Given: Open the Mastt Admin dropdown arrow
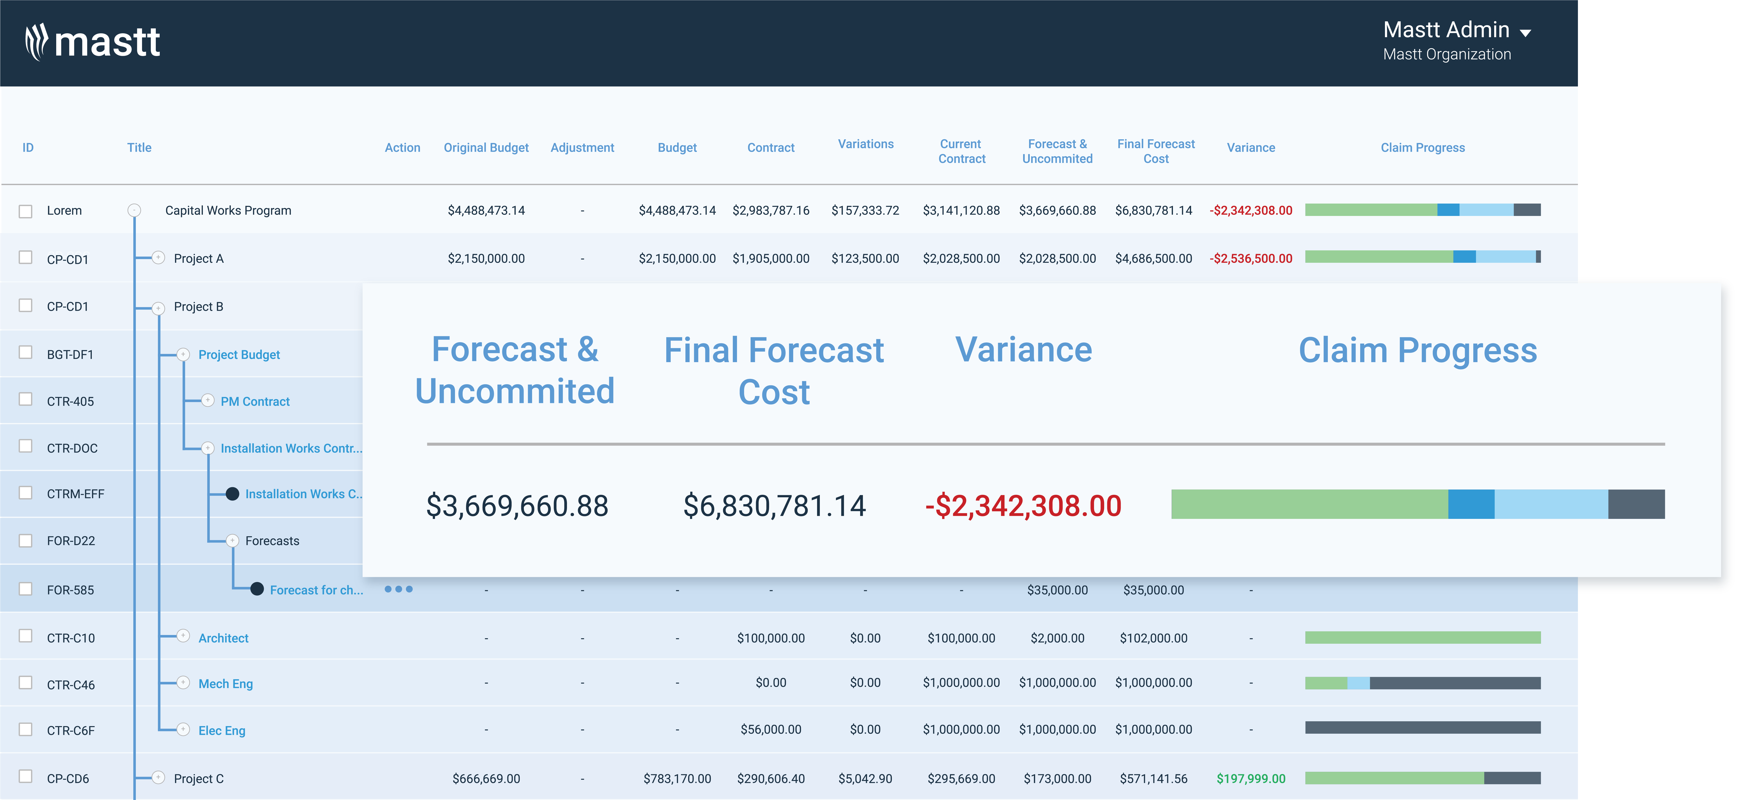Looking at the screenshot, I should (1525, 32).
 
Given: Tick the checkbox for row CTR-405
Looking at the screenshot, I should (26, 400).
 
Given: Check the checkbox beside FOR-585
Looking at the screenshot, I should (26, 589).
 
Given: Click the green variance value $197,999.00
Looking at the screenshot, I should (1250, 778).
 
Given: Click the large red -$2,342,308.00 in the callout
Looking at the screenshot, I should (1023, 506).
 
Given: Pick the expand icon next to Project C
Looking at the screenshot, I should (158, 777).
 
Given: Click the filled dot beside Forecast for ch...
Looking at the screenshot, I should (257, 589).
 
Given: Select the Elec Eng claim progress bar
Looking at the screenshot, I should (1422, 728).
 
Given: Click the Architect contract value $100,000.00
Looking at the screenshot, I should (770, 638).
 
